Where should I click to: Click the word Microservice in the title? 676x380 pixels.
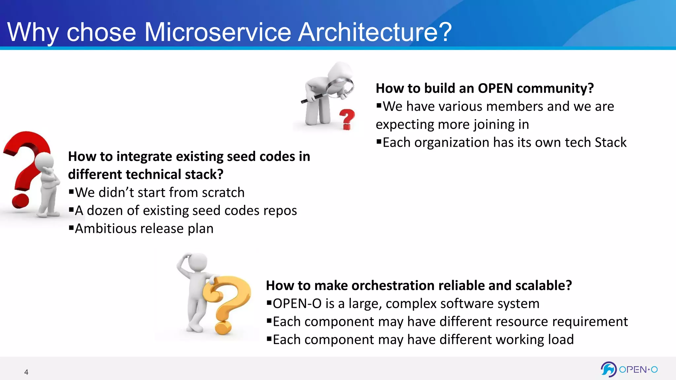[218, 32]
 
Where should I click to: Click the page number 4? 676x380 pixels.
[26, 372]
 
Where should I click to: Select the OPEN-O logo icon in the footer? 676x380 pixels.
[608, 369]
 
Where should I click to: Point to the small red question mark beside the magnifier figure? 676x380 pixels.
[347, 119]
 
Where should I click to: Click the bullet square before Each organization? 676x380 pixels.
[379, 142]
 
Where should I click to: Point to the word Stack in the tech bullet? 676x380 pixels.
[610, 142]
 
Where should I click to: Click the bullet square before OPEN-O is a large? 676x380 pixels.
[269, 302]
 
